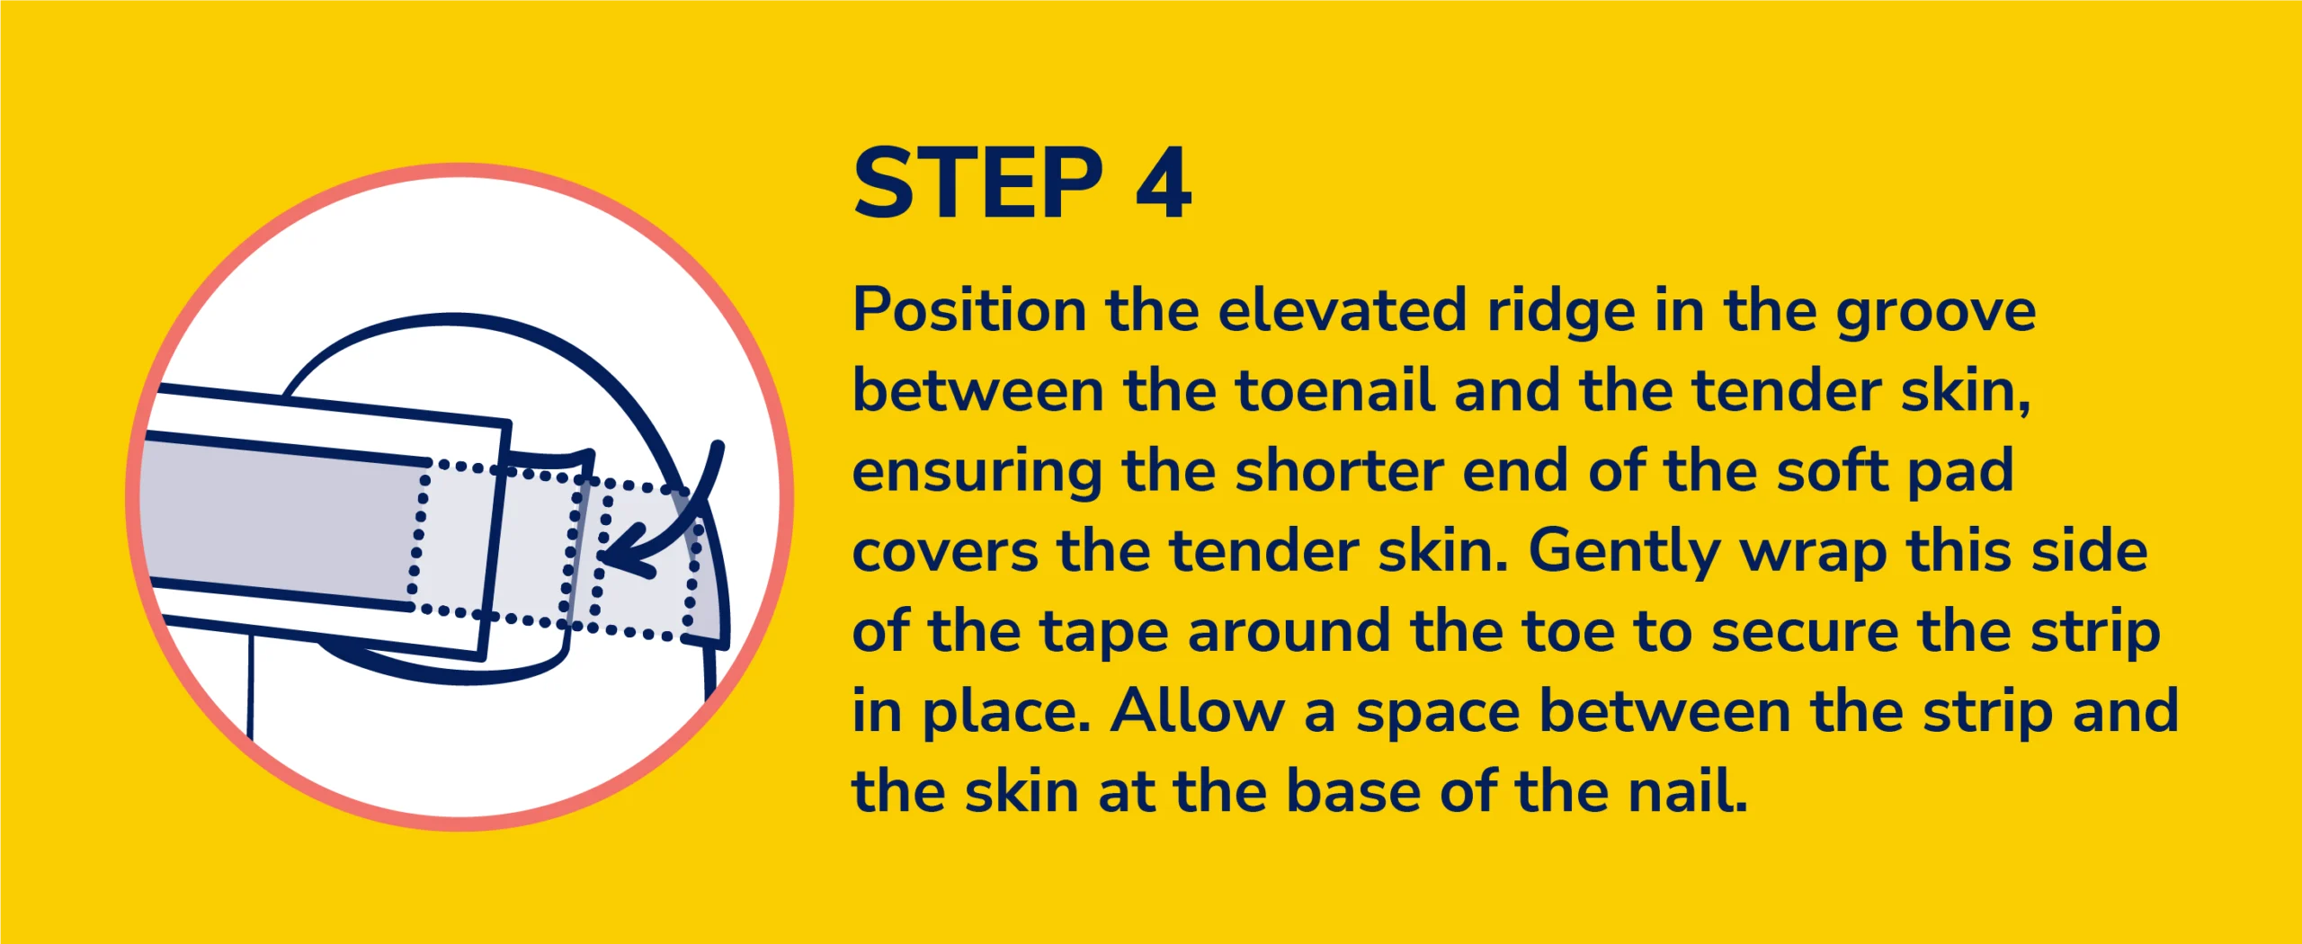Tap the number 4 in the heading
point(1164,183)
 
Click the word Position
point(969,311)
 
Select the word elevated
point(1342,311)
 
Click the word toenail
point(1334,391)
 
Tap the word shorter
point(1339,471)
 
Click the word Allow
point(1197,711)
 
